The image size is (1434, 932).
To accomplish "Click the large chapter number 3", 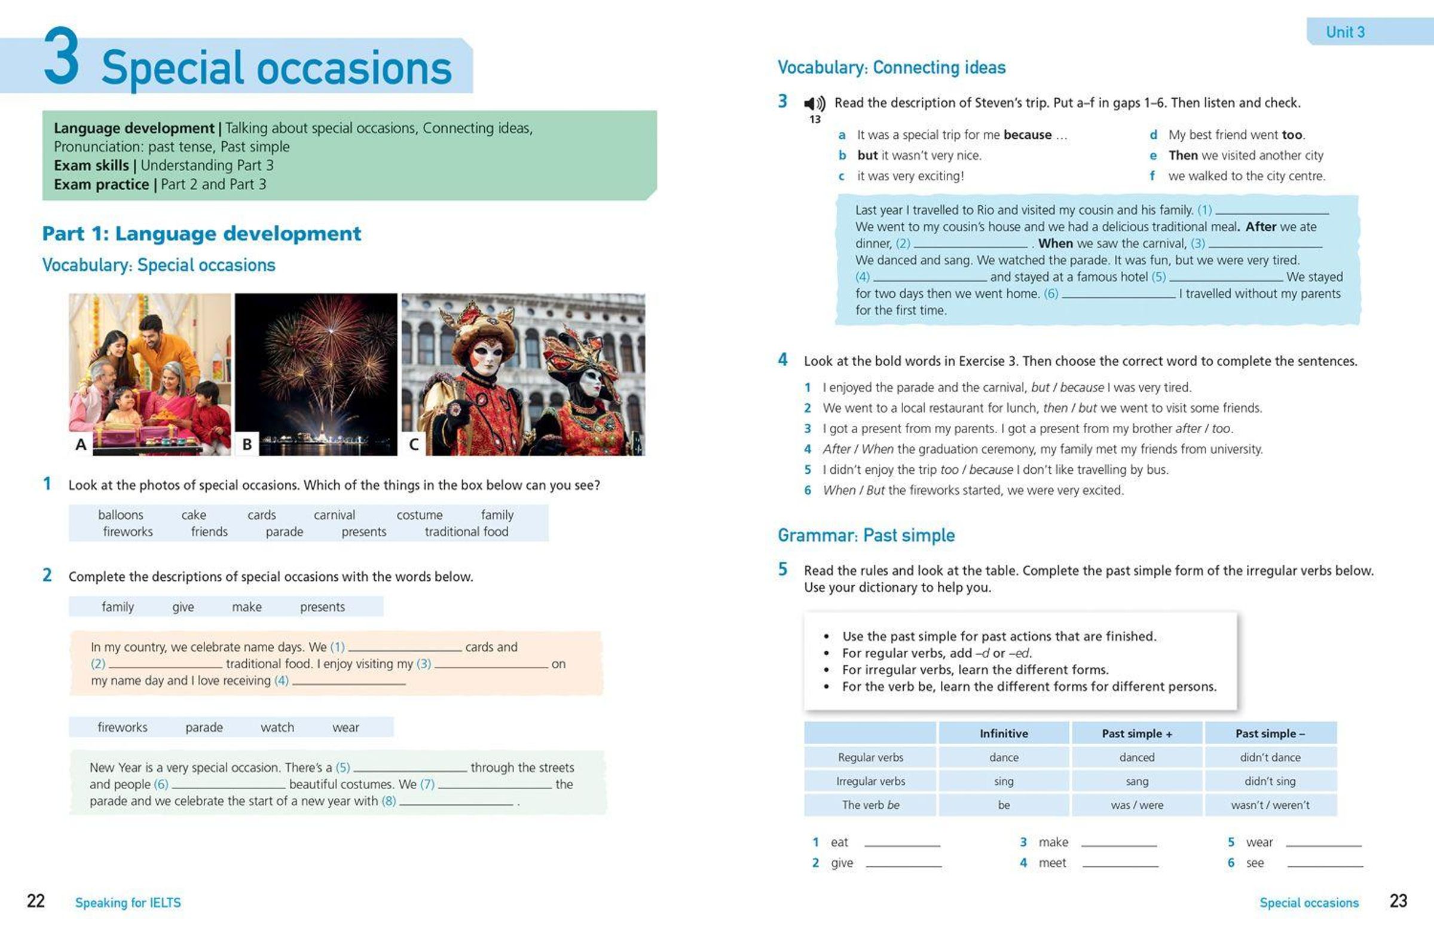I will [x=62, y=56].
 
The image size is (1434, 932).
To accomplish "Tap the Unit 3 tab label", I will [x=1345, y=32].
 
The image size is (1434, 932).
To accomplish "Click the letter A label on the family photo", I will [x=81, y=444].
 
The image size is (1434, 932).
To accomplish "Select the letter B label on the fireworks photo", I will [x=246, y=444].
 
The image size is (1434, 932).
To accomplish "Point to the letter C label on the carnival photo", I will [x=413, y=444].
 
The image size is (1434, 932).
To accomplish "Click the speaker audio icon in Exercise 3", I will [x=815, y=103].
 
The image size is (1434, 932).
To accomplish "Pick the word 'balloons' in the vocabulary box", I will [x=121, y=515].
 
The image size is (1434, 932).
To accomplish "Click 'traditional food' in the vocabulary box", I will [x=466, y=532].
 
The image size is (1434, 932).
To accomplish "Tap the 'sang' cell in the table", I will [x=1136, y=781].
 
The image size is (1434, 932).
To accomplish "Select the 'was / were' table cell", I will [x=1136, y=805].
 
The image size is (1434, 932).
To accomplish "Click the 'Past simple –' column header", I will [x=1270, y=733].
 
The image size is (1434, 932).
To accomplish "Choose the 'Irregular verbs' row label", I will [x=870, y=781].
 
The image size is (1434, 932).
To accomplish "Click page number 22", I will [x=36, y=901].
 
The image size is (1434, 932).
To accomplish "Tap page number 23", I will [x=1398, y=901].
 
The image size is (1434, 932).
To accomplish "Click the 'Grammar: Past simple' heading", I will [x=866, y=535].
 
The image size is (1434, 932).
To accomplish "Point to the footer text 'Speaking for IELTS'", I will [x=128, y=903].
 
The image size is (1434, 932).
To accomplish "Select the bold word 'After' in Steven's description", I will [x=1261, y=227].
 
